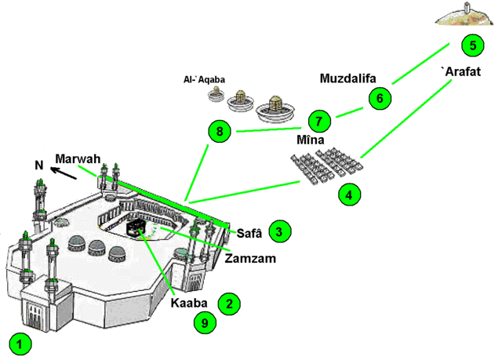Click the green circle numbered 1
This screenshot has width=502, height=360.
coord(21,343)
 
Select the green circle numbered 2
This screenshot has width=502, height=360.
coord(228,304)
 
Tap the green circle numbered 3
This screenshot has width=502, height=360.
coord(280,231)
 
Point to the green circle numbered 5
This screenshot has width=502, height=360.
coord(472,45)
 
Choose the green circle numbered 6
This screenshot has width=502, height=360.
coord(379,98)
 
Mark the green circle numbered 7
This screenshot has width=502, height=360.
coord(318,122)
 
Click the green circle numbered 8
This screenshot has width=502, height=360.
coord(220,132)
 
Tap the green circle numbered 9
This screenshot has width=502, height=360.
coord(204,322)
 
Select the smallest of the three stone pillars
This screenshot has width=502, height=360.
coord(213,95)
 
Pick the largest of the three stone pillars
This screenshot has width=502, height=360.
coord(275,109)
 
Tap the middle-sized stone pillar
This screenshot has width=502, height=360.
coord(238,100)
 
